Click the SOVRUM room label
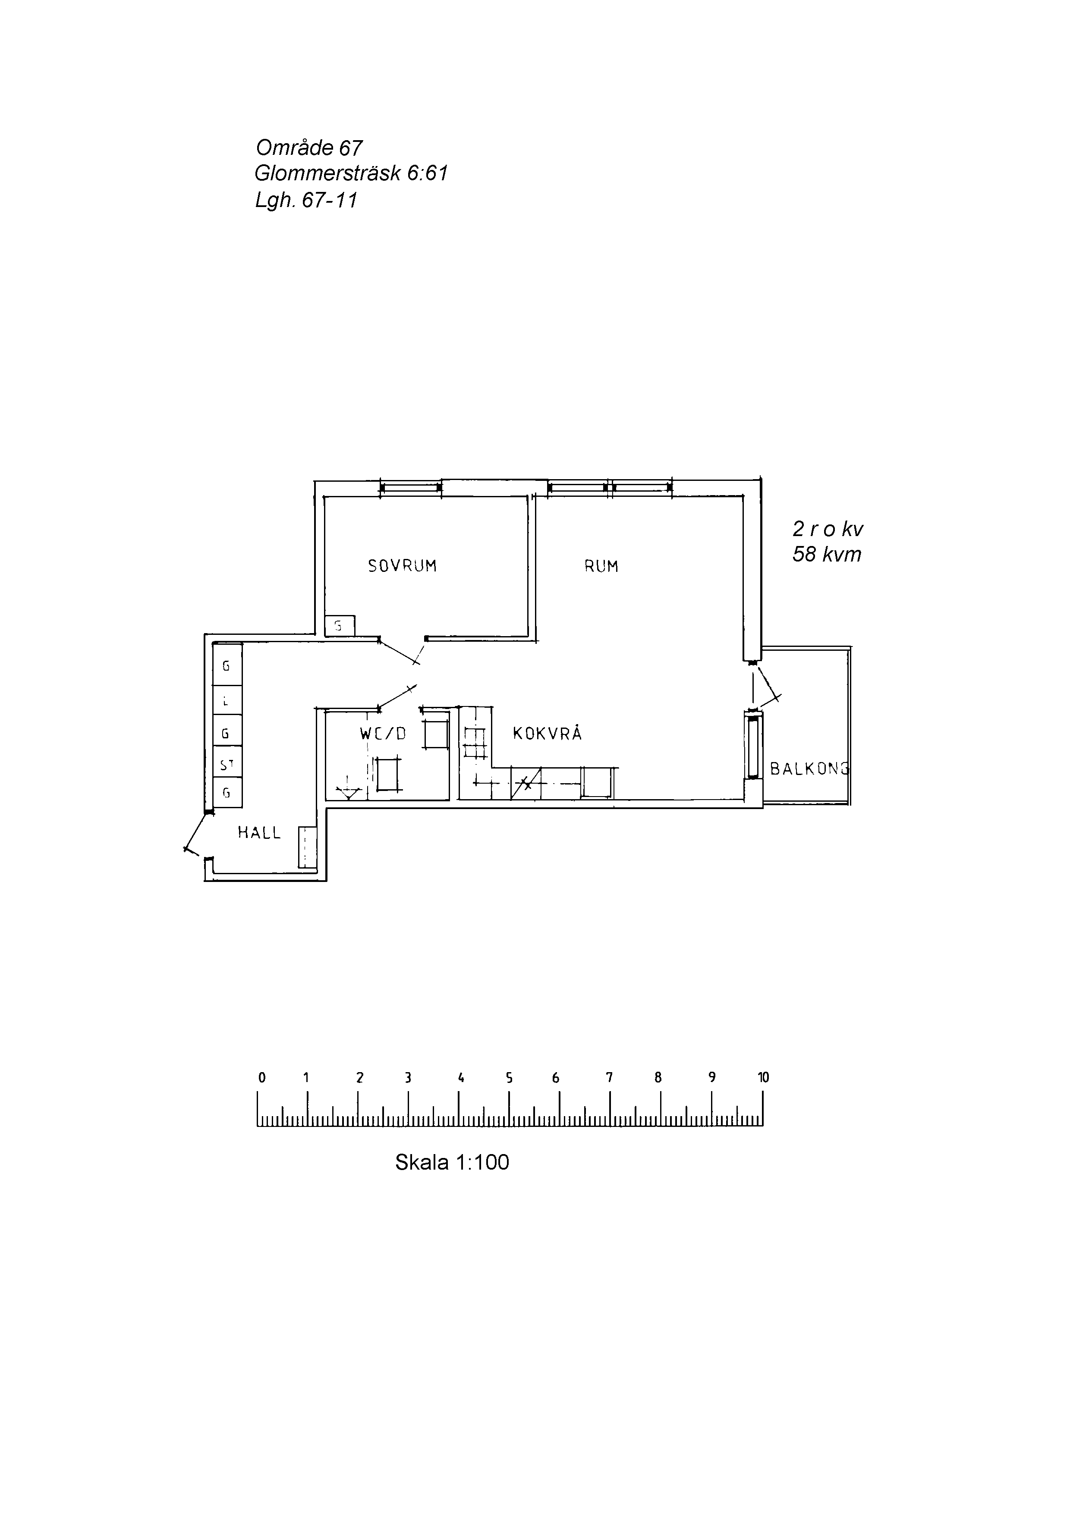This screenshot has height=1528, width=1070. click(402, 566)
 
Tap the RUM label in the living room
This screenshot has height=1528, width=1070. click(601, 566)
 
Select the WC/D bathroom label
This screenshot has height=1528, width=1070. click(383, 734)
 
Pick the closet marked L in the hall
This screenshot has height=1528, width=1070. click(227, 700)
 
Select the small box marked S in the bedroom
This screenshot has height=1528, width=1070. click(340, 626)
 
